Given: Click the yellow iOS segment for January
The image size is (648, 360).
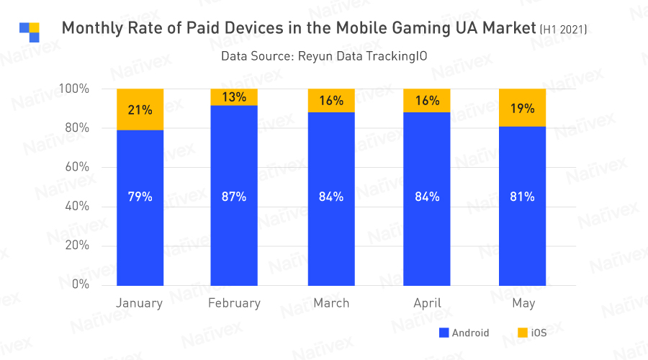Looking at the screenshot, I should tap(140, 109).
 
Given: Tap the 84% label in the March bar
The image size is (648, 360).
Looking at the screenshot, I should tap(331, 197).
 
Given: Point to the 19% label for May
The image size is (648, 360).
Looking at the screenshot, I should tap(522, 109).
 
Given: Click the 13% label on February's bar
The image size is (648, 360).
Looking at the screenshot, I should tap(234, 97).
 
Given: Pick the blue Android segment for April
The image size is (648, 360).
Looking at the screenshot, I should tap(427, 216).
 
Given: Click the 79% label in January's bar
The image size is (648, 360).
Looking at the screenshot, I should tap(140, 197).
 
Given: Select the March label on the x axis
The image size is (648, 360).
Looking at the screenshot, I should tap(331, 303).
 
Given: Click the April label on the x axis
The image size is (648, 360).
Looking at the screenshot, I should tap(427, 303).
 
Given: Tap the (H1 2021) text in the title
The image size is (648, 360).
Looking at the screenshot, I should tap(563, 30).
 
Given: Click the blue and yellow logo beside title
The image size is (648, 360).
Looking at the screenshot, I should tap(30, 32).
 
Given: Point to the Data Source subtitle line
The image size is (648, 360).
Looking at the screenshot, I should tap(318, 56).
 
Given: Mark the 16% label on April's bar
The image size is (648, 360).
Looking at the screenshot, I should tap(427, 101).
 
